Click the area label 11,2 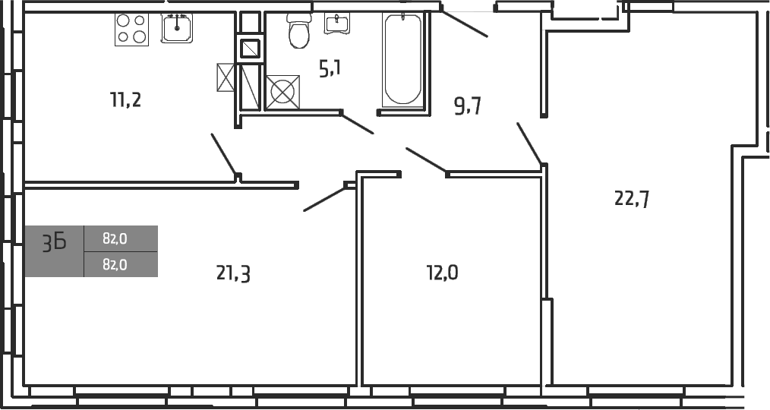[x=126, y=99]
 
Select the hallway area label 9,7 [x=468, y=106]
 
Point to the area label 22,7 [x=631, y=199]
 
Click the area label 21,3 [x=233, y=273]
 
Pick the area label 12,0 [x=442, y=272]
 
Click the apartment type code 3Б [x=54, y=243]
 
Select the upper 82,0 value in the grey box [x=115, y=238]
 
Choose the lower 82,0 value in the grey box [x=115, y=264]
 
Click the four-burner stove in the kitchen [x=131, y=29]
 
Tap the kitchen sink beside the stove [x=177, y=28]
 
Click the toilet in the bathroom [x=298, y=30]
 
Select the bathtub [x=402, y=59]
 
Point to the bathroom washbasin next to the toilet [x=336, y=23]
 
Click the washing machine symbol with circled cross [x=282, y=92]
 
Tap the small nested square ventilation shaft [x=251, y=49]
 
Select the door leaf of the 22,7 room [x=529, y=143]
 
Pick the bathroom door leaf [x=358, y=123]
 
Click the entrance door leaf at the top [x=464, y=23]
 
